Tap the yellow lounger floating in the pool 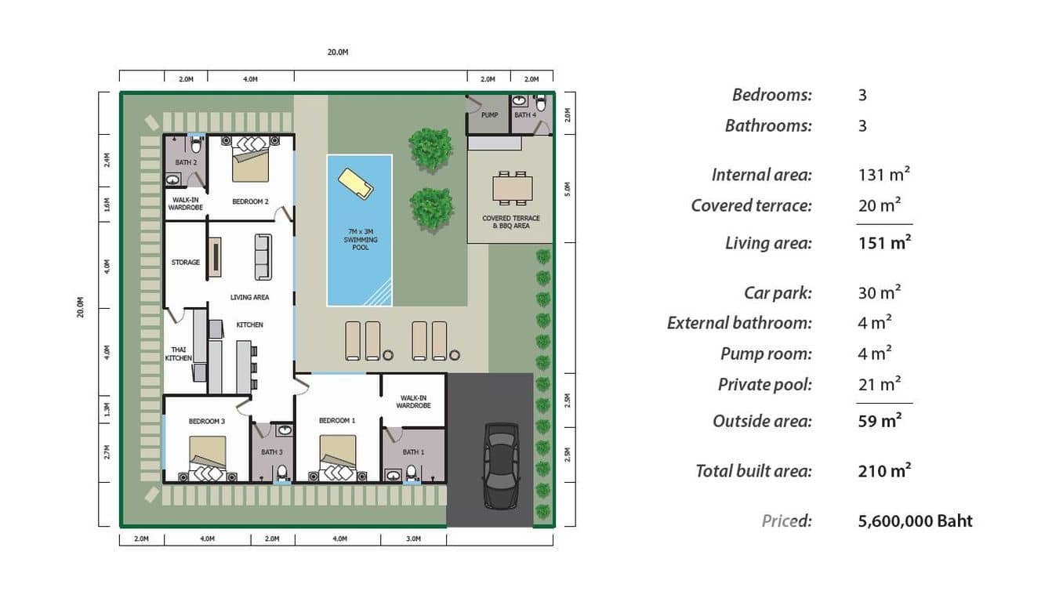pos(355,183)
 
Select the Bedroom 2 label pos(250,201)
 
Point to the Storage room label pos(186,263)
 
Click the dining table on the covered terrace pos(513,188)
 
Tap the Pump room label pos(489,115)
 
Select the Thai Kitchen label pos(179,354)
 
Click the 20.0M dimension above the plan pos(337,52)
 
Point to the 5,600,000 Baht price pos(915,521)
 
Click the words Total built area pos(753,471)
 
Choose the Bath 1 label pos(413,452)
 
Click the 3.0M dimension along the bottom pos(413,539)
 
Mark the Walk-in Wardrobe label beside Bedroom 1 pos(413,401)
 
